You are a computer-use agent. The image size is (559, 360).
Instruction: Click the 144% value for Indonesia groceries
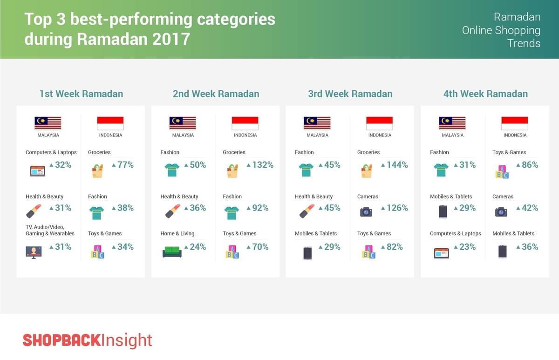(397, 165)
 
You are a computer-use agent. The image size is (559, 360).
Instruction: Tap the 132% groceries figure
(263, 165)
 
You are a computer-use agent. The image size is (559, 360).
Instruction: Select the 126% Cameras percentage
(397, 208)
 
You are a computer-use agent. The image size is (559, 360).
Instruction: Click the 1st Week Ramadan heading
(82, 94)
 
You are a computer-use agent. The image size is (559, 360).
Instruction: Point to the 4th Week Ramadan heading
(485, 94)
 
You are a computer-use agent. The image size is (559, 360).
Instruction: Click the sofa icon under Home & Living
(172, 252)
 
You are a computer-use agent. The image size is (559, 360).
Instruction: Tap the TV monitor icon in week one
(34, 252)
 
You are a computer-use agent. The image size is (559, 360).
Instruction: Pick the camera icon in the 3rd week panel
(366, 212)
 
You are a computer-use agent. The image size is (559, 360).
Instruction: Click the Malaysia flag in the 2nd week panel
(183, 123)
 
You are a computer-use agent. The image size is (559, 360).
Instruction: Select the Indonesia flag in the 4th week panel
(515, 123)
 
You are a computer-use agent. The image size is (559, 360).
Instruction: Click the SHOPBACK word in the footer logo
(62, 340)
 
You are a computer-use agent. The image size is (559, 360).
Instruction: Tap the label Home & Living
(177, 233)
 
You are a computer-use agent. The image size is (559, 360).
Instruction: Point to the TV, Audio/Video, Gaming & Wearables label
(50, 230)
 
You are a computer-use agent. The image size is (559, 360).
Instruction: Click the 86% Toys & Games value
(530, 165)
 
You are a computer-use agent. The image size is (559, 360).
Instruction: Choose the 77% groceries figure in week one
(125, 165)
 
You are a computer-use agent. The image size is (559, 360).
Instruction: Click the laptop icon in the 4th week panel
(442, 253)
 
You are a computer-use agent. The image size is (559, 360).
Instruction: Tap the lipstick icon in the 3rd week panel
(307, 211)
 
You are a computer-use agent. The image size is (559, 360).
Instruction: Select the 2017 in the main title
(171, 39)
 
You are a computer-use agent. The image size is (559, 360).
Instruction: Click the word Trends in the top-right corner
(524, 43)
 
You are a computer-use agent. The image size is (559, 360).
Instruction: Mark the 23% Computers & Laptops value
(467, 247)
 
